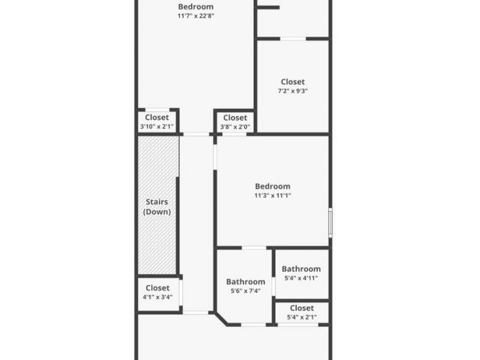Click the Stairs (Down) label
click(x=157, y=207)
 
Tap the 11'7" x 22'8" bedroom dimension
click(x=196, y=16)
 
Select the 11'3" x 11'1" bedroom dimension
click(x=272, y=196)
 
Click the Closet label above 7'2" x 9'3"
click(x=293, y=82)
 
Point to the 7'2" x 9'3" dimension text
click(x=293, y=91)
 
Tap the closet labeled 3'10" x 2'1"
click(x=157, y=122)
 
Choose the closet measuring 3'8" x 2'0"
click(x=235, y=122)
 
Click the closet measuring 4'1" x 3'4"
click(x=157, y=292)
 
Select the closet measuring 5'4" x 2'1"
click(x=302, y=312)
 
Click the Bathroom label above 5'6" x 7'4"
click(x=245, y=281)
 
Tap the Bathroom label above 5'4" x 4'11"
click(x=301, y=269)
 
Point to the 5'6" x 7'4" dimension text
click(x=245, y=291)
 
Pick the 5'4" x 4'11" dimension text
click(x=301, y=278)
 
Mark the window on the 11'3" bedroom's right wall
click(x=329, y=222)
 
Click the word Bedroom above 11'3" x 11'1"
click(x=272, y=186)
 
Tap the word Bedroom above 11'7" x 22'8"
click(x=196, y=7)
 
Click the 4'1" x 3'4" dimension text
click(x=157, y=297)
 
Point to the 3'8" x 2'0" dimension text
click(x=235, y=127)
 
